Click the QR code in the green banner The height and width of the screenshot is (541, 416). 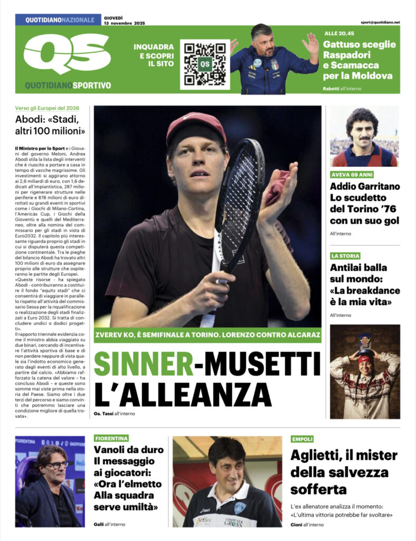(204, 64)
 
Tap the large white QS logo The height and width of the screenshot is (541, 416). (67, 54)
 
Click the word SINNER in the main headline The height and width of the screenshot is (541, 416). (143, 364)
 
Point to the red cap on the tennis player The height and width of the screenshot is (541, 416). (196, 127)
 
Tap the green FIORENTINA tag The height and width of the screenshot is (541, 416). (111, 439)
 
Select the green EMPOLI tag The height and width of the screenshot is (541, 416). (302, 439)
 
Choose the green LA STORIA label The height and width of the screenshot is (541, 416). (345, 256)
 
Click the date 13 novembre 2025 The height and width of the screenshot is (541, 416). (125, 23)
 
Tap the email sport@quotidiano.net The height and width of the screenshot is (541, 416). (380, 22)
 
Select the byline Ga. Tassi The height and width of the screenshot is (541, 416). (103, 413)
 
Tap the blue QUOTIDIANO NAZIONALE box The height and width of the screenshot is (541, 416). (58, 20)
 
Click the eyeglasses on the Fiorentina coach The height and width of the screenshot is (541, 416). (57, 464)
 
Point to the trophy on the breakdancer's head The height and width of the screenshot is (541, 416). (365, 342)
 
